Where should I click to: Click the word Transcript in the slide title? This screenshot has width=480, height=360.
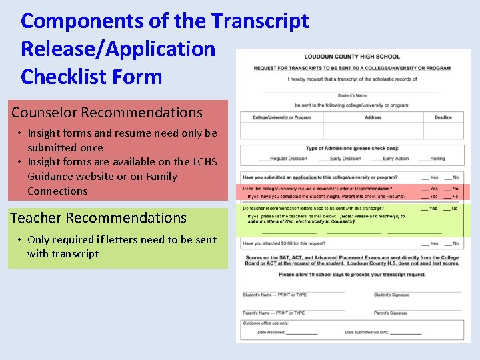(x=260, y=21)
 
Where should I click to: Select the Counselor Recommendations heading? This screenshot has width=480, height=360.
(x=107, y=113)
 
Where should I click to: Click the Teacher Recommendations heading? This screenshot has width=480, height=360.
(x=98, y=217)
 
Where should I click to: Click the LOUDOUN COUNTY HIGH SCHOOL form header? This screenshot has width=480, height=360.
(x=352, y=57)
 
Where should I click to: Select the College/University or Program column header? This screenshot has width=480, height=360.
(x=282, y=117)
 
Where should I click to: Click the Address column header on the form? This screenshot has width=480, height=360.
(x=373, y=117)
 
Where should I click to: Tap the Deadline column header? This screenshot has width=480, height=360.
(x=443, y=117)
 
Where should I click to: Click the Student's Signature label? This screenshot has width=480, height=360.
(x=391, y=295)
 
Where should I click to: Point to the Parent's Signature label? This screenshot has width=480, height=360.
(x=390, y=313)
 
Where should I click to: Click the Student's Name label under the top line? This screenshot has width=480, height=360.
(x=351, y=95)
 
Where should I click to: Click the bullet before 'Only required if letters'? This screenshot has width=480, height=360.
(x=20, y=240)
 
